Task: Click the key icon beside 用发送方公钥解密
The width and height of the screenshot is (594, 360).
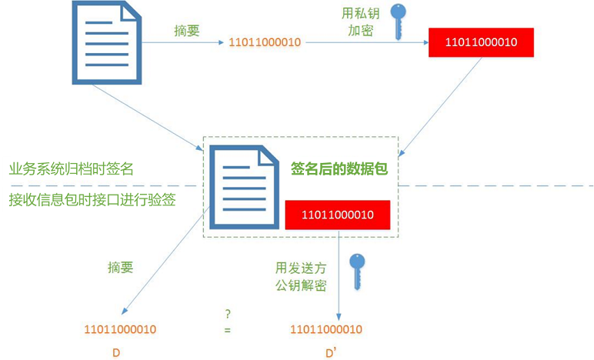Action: (x=356, y=272)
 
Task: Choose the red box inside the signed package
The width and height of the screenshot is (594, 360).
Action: (x=338, y=215)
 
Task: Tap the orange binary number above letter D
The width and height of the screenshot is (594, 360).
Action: (x=120, y=329)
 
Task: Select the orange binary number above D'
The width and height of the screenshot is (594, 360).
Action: (x=325, y=329)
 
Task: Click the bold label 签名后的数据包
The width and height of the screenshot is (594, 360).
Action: (x=339, y=168)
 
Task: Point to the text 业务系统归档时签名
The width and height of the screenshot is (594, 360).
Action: (x=71, y=168)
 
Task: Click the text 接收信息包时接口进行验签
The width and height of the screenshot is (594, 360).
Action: (x=92, y=199)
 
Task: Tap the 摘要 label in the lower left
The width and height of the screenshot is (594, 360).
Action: (x=120, y=268)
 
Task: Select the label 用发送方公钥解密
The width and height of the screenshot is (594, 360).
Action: (x=301, y=277)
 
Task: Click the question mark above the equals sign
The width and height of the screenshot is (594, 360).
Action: (x=228, y=313)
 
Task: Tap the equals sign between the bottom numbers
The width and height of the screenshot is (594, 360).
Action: (x=228, y=330)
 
